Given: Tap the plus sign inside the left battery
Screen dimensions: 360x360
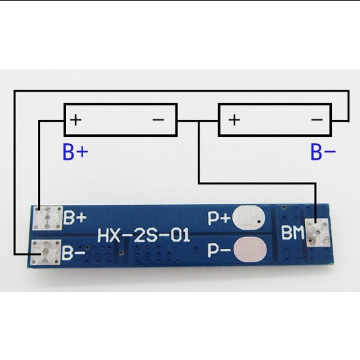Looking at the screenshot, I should (x=77, y=120).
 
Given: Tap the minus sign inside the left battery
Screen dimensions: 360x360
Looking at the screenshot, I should (x=158, y=120).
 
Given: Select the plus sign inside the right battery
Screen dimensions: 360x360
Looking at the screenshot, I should (x=234, y=120).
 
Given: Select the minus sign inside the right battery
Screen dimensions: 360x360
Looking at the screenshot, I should (x=317, y=120).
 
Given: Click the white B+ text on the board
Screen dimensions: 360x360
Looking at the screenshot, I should (x=75, y=217).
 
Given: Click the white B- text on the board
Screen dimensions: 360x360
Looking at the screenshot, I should (x=73, y=251).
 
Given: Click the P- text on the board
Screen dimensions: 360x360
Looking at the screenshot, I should (x=218, y=250).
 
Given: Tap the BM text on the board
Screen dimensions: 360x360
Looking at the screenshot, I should (x=292, y=232).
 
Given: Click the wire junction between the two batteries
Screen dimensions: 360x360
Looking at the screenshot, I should (x=198, y=120).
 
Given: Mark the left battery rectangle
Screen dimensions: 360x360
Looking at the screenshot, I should (x=120, y=120).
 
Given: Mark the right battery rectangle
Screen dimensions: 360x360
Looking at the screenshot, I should (x=275, y=120).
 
